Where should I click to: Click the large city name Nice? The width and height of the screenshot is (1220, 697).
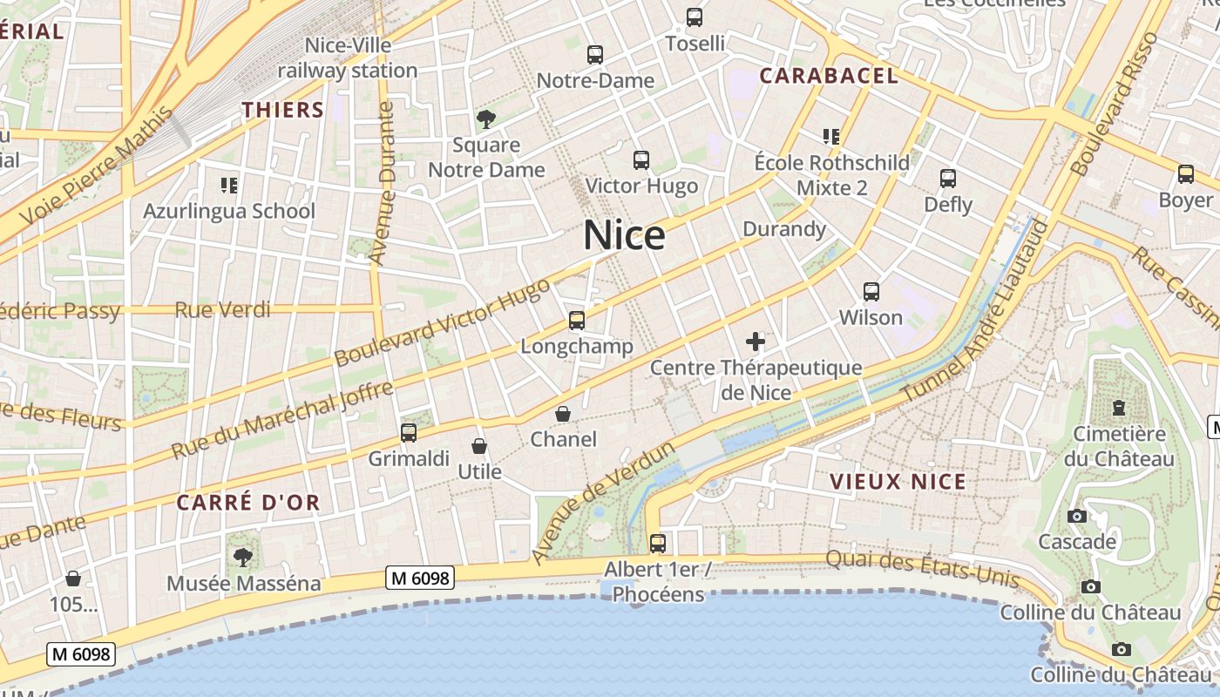pyautogui.click(x=624, y=235)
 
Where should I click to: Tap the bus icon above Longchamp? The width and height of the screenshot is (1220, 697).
pyautogui.click(x=576, y=320)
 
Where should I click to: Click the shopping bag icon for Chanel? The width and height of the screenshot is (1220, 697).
pyautogui.click(x=563, y=413)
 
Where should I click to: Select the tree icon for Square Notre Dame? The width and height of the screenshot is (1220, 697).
pyautogui.click(x=485, y=119)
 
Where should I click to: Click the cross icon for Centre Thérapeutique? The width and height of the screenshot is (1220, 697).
pyautogui.click(x=755, y=342)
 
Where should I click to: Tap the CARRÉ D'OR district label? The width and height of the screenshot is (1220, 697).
pyautogui.click(x=248, y=503)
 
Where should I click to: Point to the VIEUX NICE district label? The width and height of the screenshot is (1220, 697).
pyautogui.click(x=898, y=482)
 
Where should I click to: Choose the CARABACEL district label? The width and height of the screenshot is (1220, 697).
pyautogui.click(x=828, y=76)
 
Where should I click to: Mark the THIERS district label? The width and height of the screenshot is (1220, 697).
pyautogui.click(x=283, y=110)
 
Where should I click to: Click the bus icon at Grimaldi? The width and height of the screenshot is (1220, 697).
pyautogui.click(x=409, y=432)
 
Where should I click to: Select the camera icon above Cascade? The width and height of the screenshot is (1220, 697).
pyautogui.click(x=1077, y=516)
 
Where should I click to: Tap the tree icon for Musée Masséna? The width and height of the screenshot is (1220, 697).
pyautogui.click(x=243, y=556)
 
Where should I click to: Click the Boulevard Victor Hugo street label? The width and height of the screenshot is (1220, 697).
pyautogui.click(x=443, y=322)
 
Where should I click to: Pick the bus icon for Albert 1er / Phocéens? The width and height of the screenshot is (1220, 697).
pyautogui.click(x=658, y=544)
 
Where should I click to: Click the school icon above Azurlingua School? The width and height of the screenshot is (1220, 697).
pyautogui.click(x=229, y=185)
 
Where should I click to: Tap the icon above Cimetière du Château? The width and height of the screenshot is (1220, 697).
pyautogui.click(x=1119, y=407)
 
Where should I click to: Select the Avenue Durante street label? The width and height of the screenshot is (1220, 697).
pyautogui.click(x=383, y=183)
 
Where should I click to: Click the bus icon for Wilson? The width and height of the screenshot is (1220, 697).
pyautogui.click(x=871, y=292)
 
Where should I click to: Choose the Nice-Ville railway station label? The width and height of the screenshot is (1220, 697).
pyautogui.click(x=349, y=58)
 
